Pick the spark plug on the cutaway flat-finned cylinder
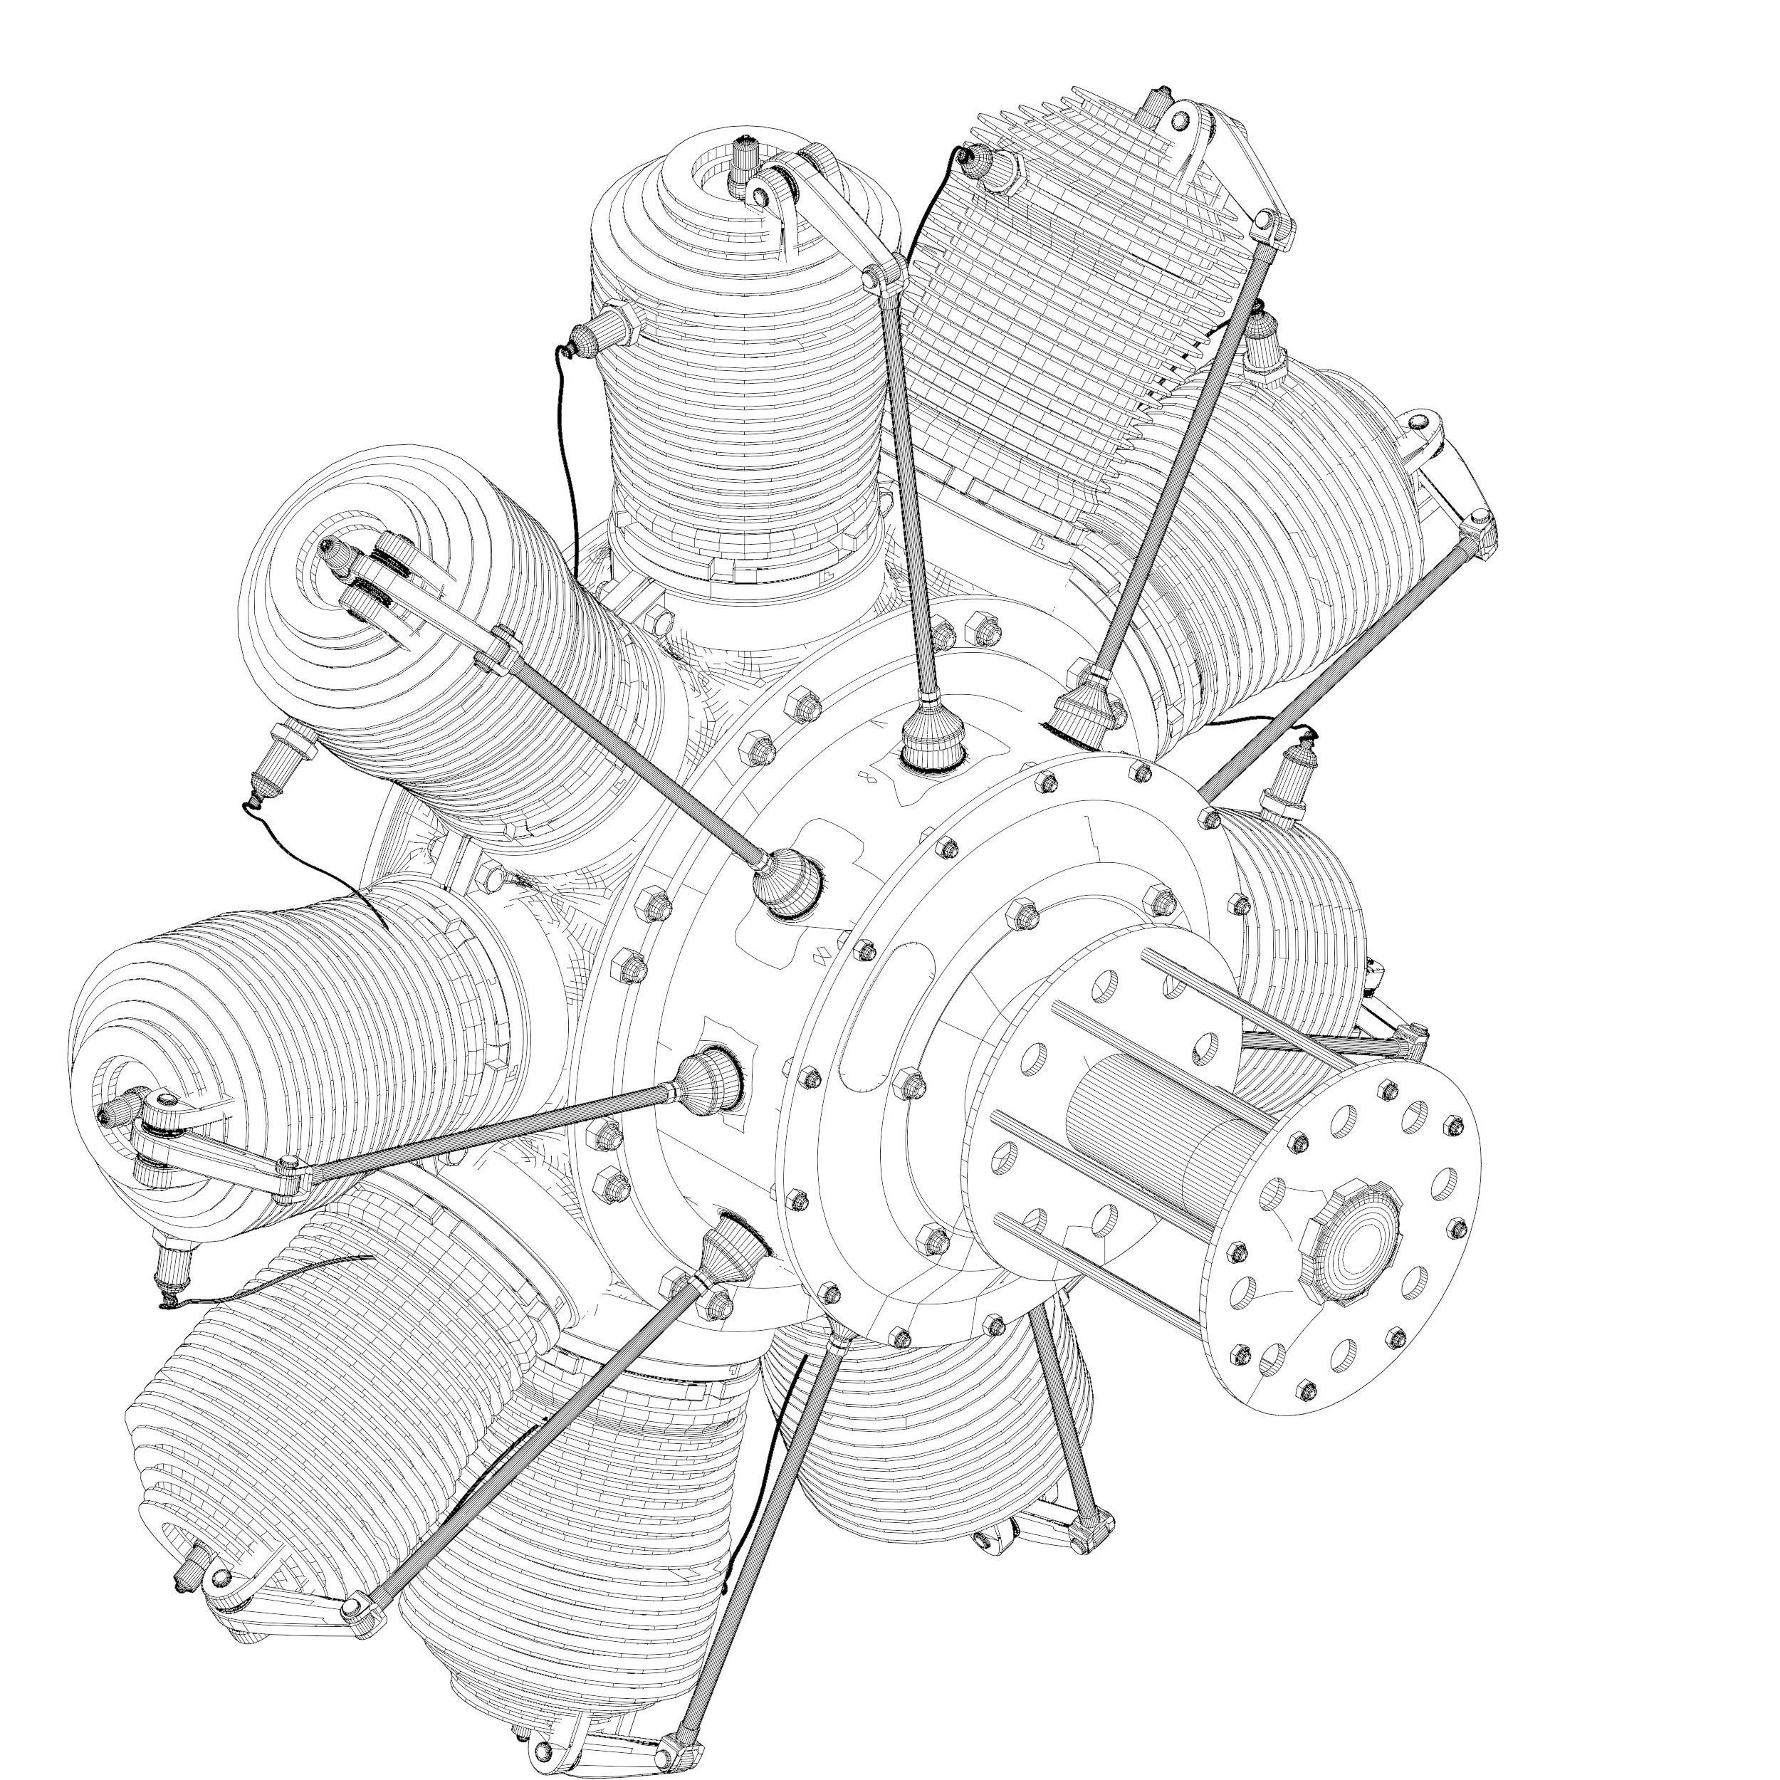[990, 163]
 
